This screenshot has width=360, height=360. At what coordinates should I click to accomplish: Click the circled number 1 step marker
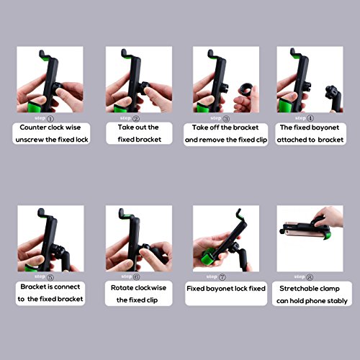click(50, 118)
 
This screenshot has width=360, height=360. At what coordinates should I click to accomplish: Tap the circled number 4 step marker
click(310, 118)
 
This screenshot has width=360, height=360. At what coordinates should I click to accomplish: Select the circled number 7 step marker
click(222, 277)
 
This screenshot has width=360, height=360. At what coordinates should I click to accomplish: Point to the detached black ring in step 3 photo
click(246, 89)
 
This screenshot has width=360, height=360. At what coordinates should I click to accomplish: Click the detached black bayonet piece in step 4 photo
click(334, 99)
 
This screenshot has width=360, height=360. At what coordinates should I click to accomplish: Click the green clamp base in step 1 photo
click(35, 107)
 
